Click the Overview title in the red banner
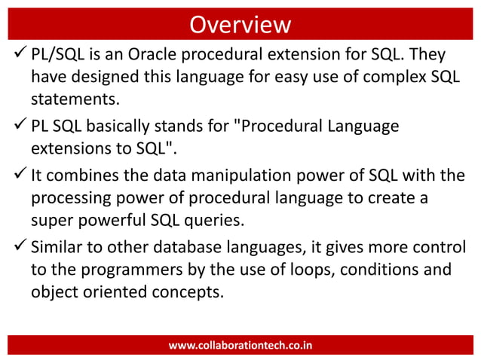click(240, 24)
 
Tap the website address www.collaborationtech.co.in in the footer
click(240, 346)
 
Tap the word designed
click(101, 78)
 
